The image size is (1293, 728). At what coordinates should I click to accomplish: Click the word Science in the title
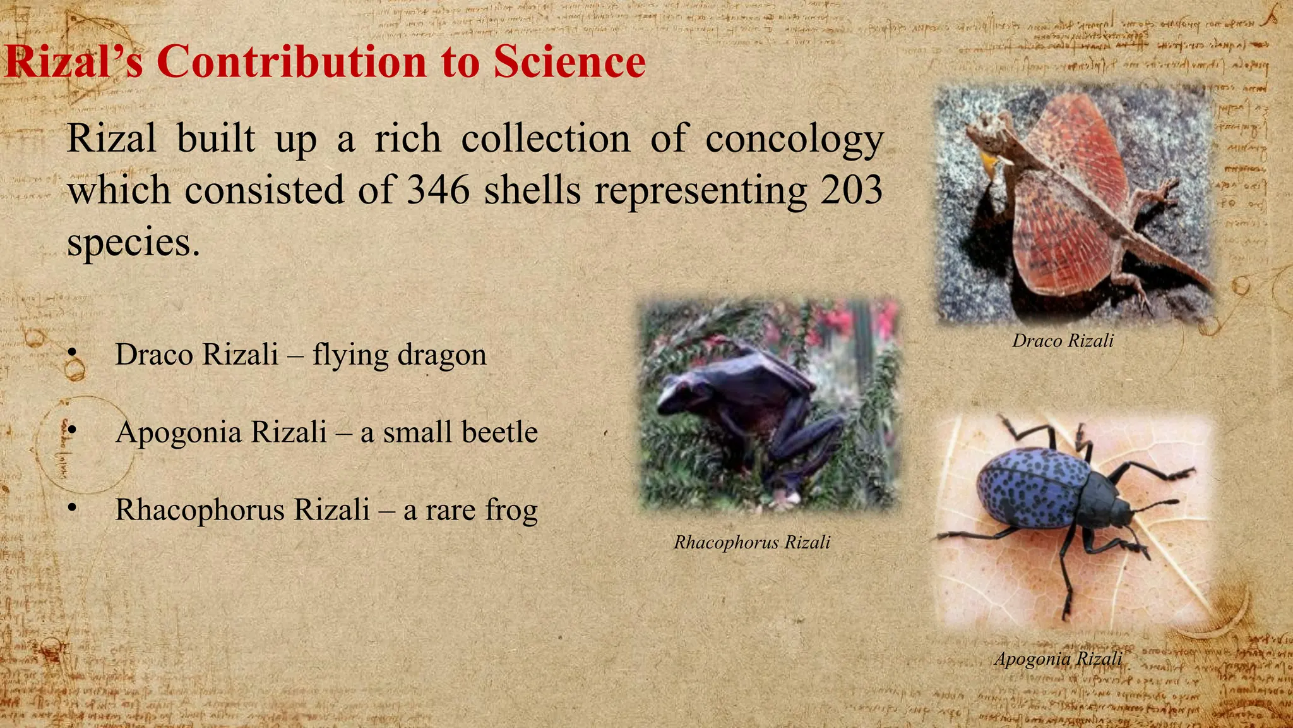coord(569,62)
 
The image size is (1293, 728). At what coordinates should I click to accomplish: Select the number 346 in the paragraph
coord(438,190)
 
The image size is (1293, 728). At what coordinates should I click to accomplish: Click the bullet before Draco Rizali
coord(73,352)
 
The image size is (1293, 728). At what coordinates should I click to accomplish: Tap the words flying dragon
coord(399,355)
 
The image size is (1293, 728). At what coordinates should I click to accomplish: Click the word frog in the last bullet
coord(511,511)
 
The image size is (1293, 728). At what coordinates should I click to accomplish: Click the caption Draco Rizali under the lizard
coord(1063,341)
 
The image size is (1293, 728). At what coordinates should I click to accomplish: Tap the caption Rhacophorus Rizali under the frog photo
coord(751,542)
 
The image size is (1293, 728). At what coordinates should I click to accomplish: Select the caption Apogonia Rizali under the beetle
coord(1058,658)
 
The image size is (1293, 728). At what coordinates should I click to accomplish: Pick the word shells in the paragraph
coord(532,190)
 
